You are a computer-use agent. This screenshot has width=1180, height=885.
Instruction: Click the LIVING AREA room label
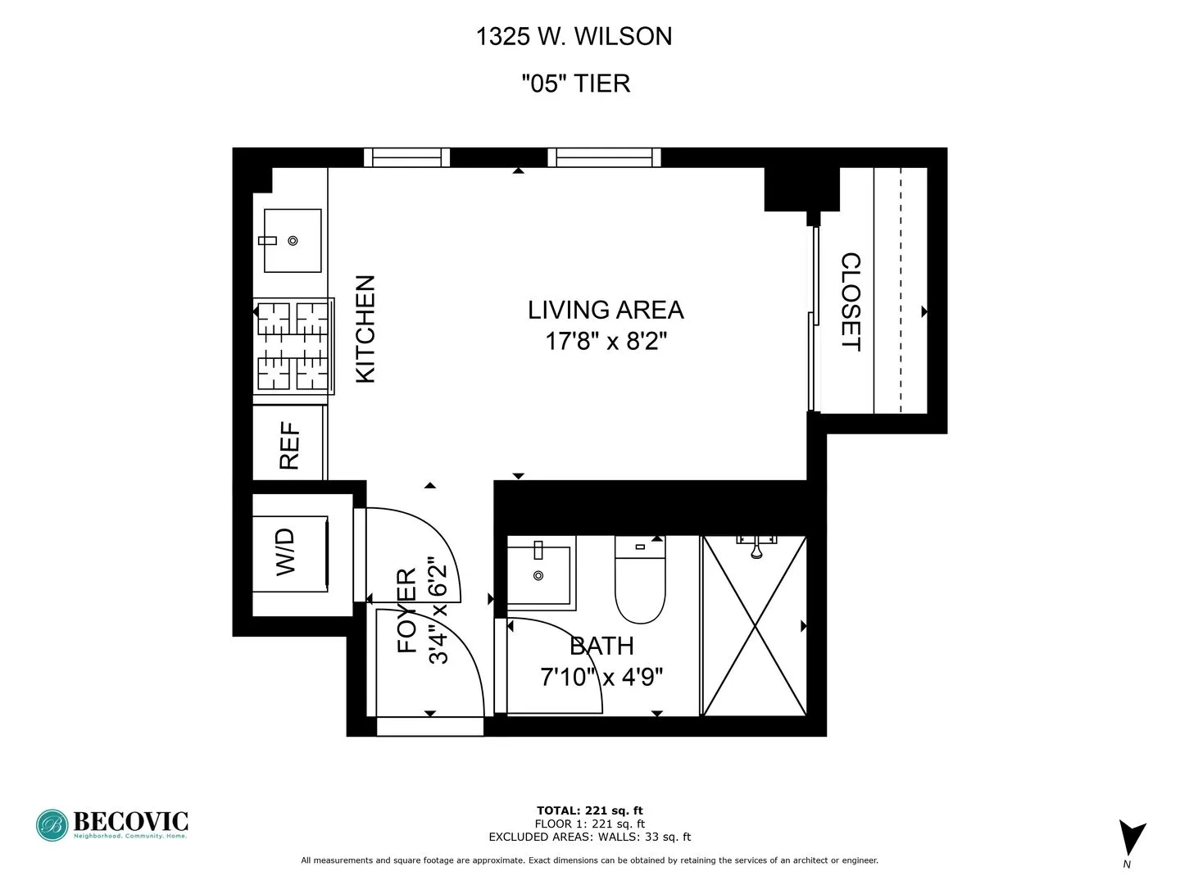point(605,310)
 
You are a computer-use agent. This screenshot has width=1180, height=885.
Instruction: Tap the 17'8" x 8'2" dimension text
point(606,341)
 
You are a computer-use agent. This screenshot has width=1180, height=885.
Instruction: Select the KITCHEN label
point(365,329)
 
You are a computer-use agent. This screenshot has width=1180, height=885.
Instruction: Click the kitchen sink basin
point(293,240)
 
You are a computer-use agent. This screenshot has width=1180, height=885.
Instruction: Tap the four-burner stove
point(293,346)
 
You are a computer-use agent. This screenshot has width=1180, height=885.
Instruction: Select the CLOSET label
point(851,302)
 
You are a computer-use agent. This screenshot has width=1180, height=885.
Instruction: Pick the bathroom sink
point(539,571)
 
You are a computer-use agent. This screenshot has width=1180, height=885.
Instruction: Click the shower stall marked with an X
point(755,626)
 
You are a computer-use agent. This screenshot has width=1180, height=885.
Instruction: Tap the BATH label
point(601,646)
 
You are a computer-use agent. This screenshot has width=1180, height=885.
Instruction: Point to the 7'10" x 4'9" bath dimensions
point(601,678)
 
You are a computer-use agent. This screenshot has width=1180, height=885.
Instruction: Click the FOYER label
point(407,610)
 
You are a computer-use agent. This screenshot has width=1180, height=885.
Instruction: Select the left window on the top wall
point(406,157)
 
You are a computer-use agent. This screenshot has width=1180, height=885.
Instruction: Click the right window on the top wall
point(604,157)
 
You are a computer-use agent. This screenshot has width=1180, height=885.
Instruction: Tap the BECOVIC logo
point(112,824)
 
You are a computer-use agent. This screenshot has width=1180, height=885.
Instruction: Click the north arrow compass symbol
point(1132,839)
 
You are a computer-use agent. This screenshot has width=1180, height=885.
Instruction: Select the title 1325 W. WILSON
point(574,36)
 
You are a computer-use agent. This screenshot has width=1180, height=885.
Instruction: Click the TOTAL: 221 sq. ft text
point(589,810)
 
